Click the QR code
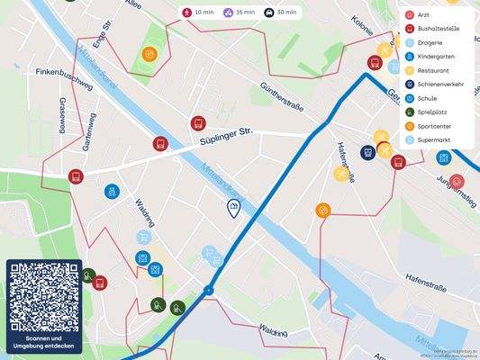[x=44, y=298]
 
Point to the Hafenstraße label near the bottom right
[x=426, y=286]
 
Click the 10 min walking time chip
[x=198, y=13]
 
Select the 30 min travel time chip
[x=280, y=13]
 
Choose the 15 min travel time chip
[x=240, y=13]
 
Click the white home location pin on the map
[x=233, y=209]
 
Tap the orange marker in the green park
[x=149, y=54]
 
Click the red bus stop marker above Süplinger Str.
[x=198, y=123]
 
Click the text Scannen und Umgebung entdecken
[x=44, y=342]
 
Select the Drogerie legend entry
[x=432, y=42]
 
